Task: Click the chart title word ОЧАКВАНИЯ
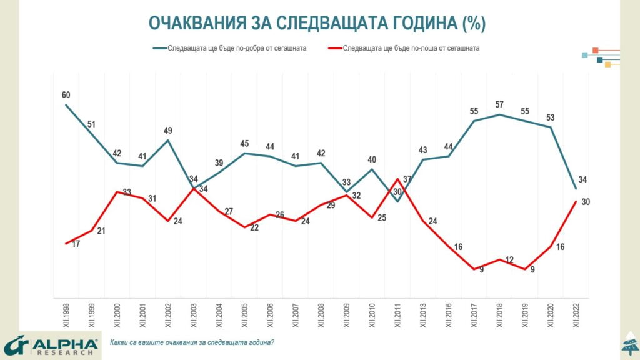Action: pos(192,24)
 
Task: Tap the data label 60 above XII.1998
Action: pos(66,95)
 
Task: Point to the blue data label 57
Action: pos(499,104)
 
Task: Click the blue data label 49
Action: pos(167,131)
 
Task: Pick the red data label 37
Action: pos(407,179)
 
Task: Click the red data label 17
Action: pos(76,244)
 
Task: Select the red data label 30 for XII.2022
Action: pos(586,202)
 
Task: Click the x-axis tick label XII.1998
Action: pos(66,316)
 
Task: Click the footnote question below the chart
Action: pos(192,343)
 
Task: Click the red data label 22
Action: pos(254,227)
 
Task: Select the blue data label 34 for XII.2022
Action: pos(582,180)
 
